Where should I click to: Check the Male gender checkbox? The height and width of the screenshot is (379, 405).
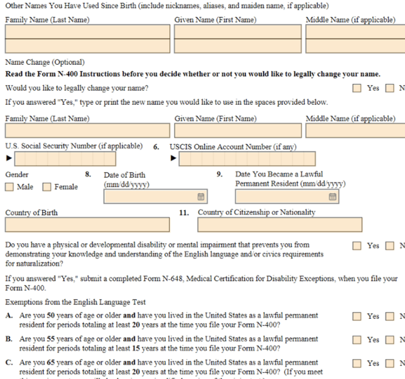pos(10,187)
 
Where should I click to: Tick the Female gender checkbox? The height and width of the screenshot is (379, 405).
pos(47,187)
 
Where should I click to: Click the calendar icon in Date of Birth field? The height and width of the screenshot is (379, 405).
pos(201,197)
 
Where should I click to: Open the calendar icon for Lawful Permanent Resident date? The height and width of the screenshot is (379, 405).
pos(333,197)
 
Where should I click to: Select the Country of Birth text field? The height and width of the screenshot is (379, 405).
pos(87,224)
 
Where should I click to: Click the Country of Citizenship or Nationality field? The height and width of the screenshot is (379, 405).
pos(280,224)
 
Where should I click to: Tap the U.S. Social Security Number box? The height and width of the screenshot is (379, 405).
pos(65,159)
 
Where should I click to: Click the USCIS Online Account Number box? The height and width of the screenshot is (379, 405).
pos(247,159)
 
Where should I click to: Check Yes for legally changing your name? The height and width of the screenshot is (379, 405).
pos(357,88)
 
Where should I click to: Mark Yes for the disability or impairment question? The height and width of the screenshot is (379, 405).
pos(357,246)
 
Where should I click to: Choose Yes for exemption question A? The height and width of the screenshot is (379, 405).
pos(357,316)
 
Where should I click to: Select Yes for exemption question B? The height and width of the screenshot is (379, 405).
pos(357,339)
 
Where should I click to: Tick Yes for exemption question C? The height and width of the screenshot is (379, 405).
pos(357,363)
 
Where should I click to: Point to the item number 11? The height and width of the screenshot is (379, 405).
pos(184,213)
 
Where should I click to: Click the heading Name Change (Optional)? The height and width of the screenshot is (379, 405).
pos(45,63)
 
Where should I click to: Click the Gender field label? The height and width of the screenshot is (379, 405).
pos(17,175)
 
